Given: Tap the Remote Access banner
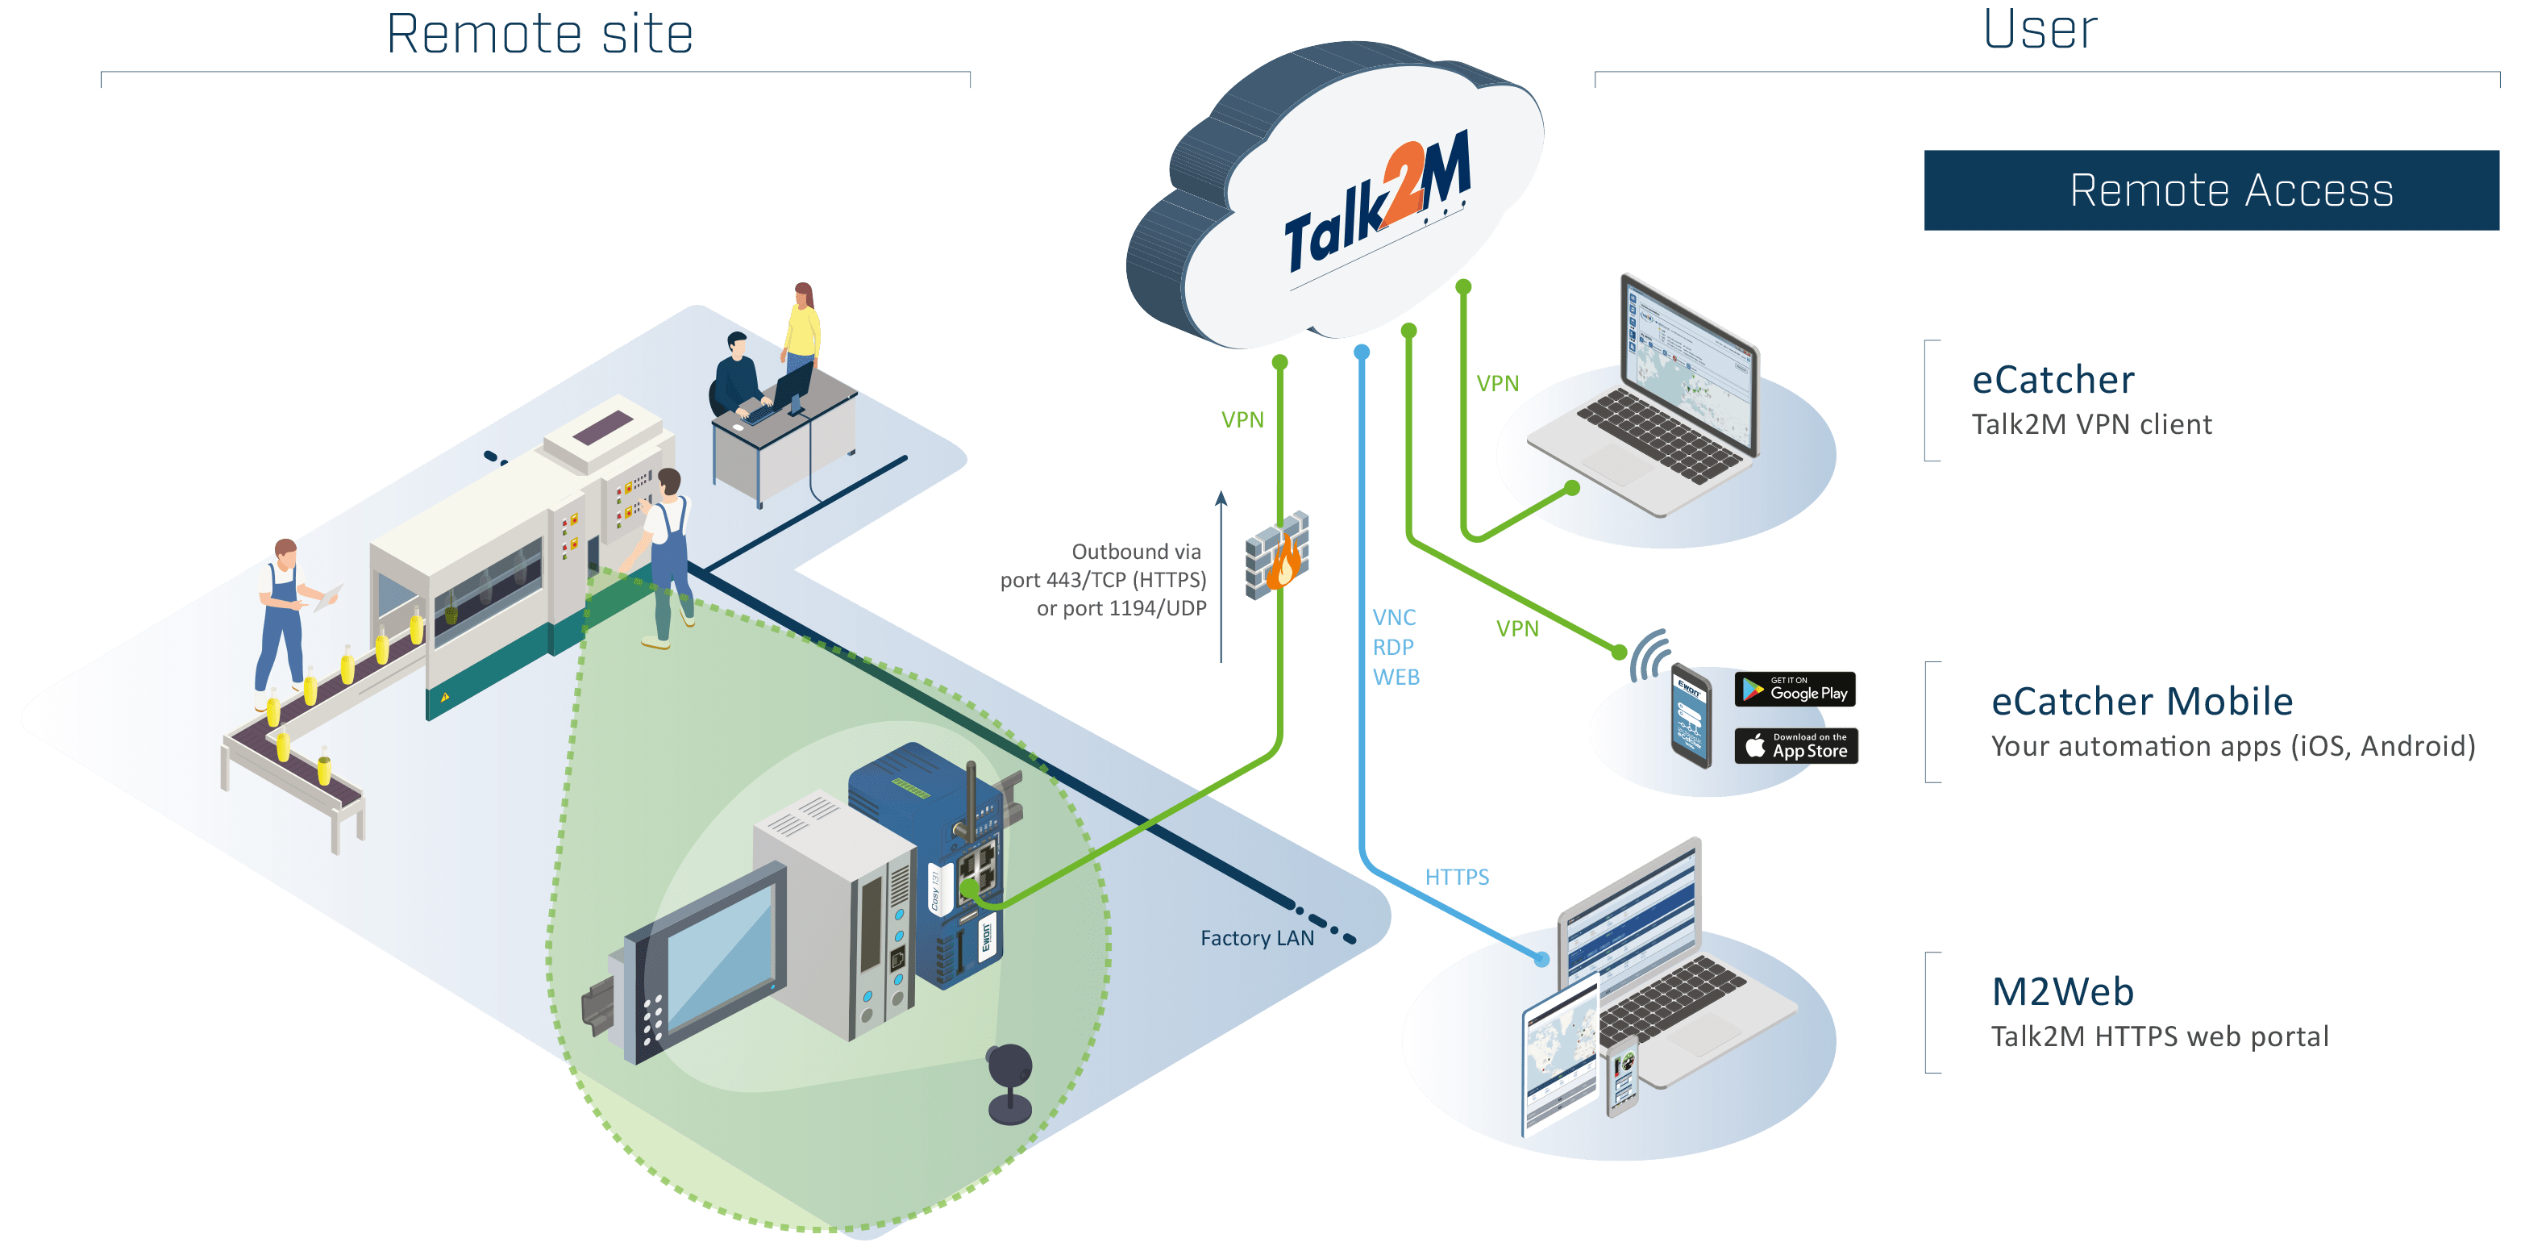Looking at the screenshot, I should click(x=2211, y=190).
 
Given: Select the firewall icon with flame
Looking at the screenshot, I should click(x=1277, y=555).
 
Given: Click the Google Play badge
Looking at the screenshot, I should click(x=1795, y=690).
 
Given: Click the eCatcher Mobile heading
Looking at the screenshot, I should click(x=2142, y=702).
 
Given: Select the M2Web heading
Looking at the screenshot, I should click(x=2062, y=992).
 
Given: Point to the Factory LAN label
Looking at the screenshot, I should click(x=1257, y=938).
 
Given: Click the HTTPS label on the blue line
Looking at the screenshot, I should click(x=1457, y=877).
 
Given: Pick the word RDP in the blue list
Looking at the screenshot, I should click(x=1393, y=647).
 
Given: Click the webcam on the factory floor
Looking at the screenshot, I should click(x=1009, y=1082).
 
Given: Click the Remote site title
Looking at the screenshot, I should click(x=540, y=35).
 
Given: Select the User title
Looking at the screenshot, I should click(x=2040, y=29).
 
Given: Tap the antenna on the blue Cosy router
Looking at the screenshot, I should click(x=971, y=799).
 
